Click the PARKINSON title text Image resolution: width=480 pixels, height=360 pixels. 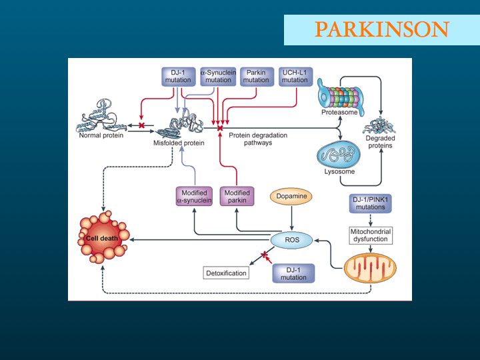pyautogui.click(x=382, y=29)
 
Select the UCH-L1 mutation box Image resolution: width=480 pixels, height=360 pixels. pyautogui.click(x=295, y=77)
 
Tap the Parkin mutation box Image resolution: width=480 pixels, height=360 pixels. pyautogui.click(x=257, y=77)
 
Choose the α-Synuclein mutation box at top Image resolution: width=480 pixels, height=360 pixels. pyautogui.click(x=218, y=77)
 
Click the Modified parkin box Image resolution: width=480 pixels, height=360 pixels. pyautogui.click(x=237, y=196)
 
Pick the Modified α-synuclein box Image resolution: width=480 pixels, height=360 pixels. pyautogui.click(x=194, y=196)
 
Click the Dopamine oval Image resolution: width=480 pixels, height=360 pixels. pyautogui.click(x=291, y=196)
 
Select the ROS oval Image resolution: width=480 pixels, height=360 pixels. pyautogui.click(x=292, y=240)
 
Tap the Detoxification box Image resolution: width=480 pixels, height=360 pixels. pyautogui.click(x=226, y=273)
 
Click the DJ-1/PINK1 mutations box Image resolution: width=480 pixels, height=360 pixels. pyautogui.click(x=371, y=203)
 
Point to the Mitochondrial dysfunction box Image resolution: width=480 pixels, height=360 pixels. pyautogui.click(x=371, y=235)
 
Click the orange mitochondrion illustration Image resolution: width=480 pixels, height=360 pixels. pyautogui.click(x=370, y=268)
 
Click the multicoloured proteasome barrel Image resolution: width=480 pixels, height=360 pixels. pyautogui.click(x=340, y=97)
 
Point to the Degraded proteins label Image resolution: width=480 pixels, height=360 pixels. pyautogui.click(x=380, y=142)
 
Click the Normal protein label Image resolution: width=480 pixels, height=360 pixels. pyautogui.click(x=101, y=135)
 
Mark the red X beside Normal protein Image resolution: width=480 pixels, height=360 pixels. pyautogui.click(x=141, y=125)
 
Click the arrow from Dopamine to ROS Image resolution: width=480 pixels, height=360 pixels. pyautogui.click(x=291, y=218)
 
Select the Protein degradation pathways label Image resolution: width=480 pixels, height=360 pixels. pyautogui.click(x=258, y=139)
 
